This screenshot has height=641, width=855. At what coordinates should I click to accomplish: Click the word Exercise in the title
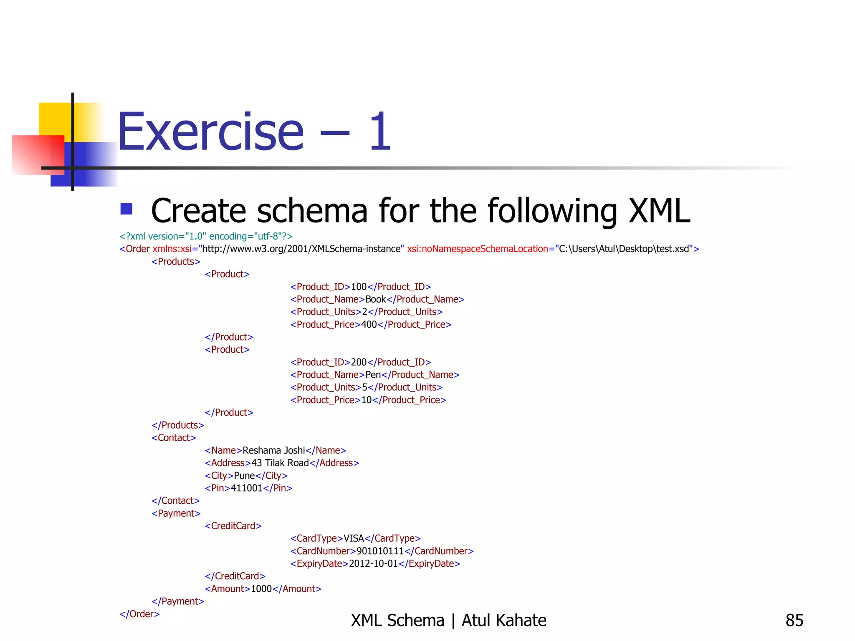210,133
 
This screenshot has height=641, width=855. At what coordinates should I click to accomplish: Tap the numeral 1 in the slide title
380,133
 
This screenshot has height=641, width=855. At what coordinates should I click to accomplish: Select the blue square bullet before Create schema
126,209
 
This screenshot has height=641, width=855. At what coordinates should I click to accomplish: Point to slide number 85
794,621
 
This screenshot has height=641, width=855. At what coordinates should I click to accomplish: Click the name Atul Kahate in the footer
503,621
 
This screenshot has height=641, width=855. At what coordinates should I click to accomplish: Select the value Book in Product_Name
376,299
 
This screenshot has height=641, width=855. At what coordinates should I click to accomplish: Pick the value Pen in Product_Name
373,375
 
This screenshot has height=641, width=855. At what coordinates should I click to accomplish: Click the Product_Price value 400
369,325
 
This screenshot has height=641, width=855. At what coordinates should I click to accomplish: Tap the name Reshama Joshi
273,450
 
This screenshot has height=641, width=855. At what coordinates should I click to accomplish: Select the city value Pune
244,476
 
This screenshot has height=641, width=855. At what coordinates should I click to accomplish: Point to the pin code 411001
246,488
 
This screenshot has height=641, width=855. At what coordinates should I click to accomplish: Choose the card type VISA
354,538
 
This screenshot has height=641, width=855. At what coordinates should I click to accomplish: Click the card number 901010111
380,551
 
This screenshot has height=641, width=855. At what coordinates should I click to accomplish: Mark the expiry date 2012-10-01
373,564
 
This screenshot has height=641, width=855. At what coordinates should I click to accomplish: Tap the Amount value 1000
261,589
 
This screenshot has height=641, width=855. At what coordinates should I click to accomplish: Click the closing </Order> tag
139,614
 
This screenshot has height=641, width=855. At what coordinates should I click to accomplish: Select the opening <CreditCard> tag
233,526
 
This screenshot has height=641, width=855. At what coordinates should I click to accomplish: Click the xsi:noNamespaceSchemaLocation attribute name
477,249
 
